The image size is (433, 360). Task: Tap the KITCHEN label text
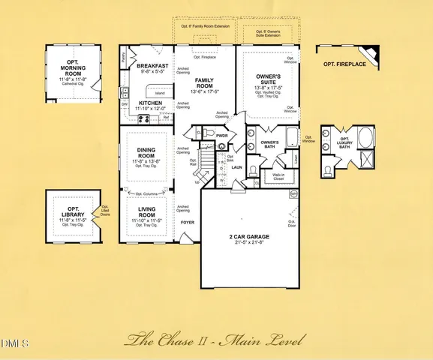click(x=150, y=103)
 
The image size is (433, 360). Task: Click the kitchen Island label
click(x=159, y=94)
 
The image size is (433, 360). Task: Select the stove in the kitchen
click(x=143, y=118)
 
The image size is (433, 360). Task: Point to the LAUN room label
click(x=235, y=168)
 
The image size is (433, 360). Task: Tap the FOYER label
click(x=188, y=222)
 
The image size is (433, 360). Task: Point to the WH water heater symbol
click(x=293, y=193)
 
